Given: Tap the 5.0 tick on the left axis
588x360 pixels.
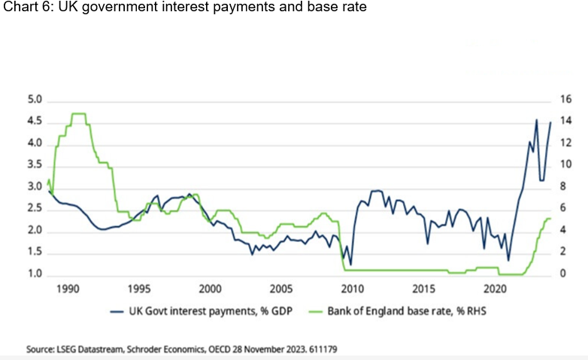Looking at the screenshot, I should pyautogui.click(x=36, y=100).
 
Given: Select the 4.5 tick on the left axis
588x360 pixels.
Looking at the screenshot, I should pyautogui.click(x=36, y=122).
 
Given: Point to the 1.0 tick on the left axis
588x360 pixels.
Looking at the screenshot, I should pyautogui.click(x=36, y=274).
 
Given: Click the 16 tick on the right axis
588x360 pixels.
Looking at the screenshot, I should pyautogui.click(x=565, y=100).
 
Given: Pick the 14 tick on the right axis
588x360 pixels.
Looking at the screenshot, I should pyautogui.click(x=565, y=122).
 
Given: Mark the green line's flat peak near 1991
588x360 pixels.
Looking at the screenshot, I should pyautogui.click(x=78, y=113).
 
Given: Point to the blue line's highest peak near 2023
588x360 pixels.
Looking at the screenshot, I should pyautogui.click(x=536, y=119).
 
